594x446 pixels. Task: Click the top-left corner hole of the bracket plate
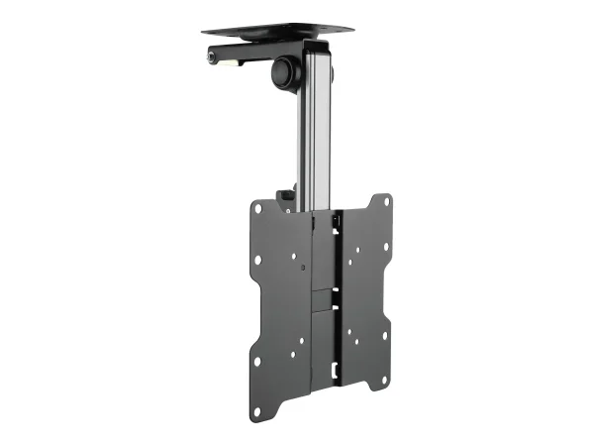pyautogui.click(x=257, y=210)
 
